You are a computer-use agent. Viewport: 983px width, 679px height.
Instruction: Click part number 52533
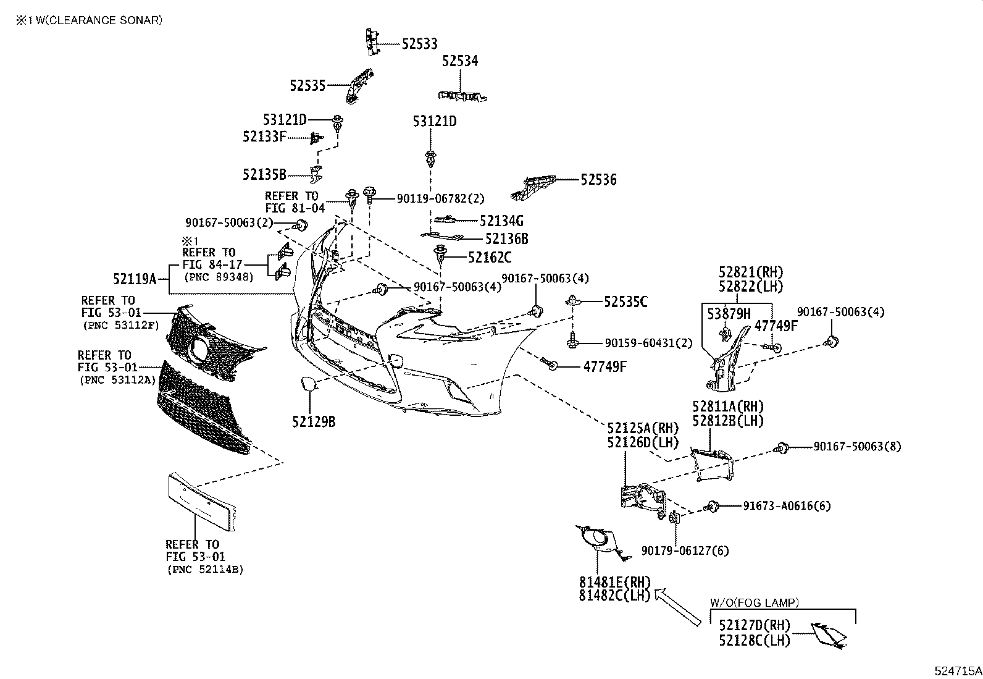point(419,44)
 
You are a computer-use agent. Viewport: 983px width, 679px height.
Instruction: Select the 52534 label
point(460,61)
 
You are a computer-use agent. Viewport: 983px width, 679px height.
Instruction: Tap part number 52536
point(598,180)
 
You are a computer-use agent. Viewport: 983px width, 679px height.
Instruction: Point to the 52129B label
point(314,422)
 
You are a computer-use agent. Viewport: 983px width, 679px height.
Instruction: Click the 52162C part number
point(490,257)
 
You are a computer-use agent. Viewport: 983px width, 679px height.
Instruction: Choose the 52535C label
point(625,302)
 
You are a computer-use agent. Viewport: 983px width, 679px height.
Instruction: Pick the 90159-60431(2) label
point(640,343)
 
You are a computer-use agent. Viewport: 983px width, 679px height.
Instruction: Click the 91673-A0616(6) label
point(787,506)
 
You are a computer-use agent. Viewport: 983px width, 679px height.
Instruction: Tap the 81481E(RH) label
point(614,582)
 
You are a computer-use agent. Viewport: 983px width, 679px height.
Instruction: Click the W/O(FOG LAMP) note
point(754,602)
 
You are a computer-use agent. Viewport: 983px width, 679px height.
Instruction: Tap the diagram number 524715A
point(957,670)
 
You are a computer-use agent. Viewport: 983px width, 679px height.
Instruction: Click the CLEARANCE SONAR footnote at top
point(90,20)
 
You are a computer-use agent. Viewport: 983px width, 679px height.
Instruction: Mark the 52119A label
point(135,279)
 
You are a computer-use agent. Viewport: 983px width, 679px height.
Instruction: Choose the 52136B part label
point(506,238)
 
